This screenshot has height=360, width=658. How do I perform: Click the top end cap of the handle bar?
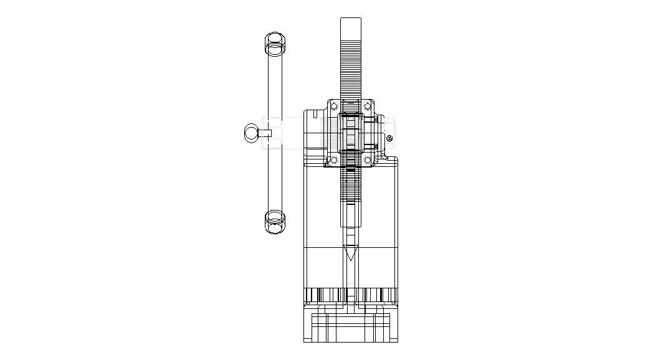pyautogui.click(x=274, y=44)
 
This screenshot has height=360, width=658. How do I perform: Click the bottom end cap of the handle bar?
pyautogui.click(x=274, y=222)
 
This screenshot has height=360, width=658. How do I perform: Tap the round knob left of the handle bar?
pyautogui.click(x=250, y=133)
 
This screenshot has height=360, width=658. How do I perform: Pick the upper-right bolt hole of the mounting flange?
pyautogui.click(x=368, y=105)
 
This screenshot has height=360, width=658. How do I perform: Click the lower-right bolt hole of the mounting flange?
pyautogui.click(x=368, y=160)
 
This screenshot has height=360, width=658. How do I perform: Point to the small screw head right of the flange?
pyautogui.click(x=389, y=138)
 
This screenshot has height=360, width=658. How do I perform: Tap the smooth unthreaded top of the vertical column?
pyautogui.click(x=350, y=28)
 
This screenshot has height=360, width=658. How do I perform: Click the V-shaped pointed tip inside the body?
pyautogui.click(x=351, y=253)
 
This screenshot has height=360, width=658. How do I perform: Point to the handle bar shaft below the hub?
pyautogui.click(x=274, y=181)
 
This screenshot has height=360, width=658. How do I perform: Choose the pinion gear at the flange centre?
pyautogui.click(x=350, y=133)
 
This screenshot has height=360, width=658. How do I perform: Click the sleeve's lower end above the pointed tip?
pyautogui.click(x=350, y=221)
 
